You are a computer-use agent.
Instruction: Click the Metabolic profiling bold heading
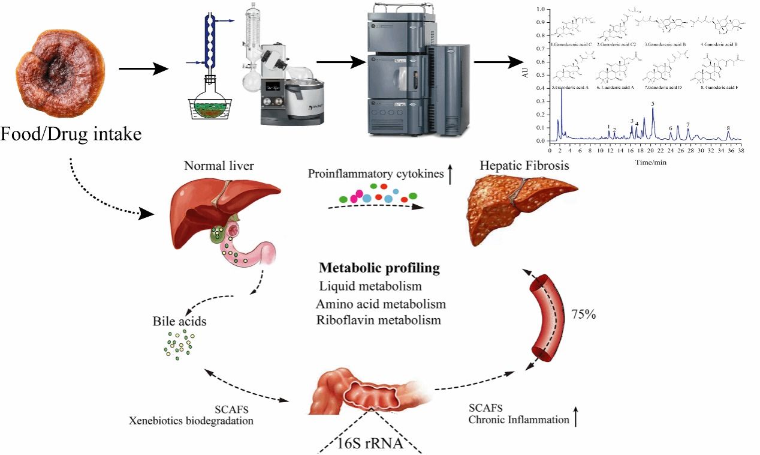tap(379, 268)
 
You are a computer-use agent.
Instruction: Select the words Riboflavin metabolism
tap(379, 320)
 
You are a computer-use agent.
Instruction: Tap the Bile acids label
tap(180, 322)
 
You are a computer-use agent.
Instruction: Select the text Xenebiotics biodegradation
tap(191, 421)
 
